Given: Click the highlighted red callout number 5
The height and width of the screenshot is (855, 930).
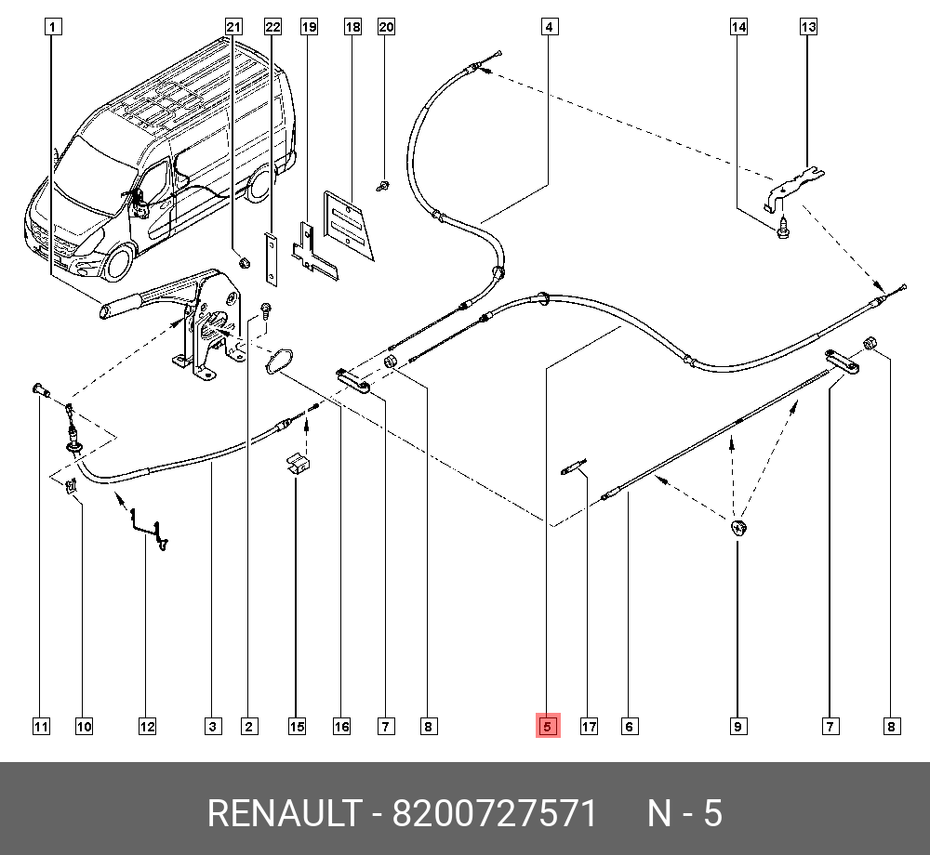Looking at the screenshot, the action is pyautogui.click(x=547, y=727).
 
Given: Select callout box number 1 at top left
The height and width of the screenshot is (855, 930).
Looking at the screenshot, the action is pyautogui.click(x=53, y=27).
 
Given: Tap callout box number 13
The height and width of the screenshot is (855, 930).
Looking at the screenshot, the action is pyautogui.click(x=808, y=27).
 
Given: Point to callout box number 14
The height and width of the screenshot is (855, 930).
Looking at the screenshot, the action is pyautogui.click(x=738, y=27).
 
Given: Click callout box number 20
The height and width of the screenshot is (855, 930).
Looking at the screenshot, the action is pyautogui.click(x=386, y=27).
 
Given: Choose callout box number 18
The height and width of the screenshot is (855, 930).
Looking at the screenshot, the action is pyautogui.click(x=352, y=27).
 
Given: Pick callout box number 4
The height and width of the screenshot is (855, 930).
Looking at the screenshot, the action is pyautogui.click(x=550, y=27).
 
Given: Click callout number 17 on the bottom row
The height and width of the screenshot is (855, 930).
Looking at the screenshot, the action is pyautogui.click(x=589, y=727).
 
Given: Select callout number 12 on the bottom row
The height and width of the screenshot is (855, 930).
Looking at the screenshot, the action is pyautogui.click(x=147, y=727).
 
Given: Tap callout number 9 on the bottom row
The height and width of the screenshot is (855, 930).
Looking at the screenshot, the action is pyautogui.click(x=737, y=727).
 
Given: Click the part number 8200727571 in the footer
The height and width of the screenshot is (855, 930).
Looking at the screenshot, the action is pyautogui.click(x=494, y=814).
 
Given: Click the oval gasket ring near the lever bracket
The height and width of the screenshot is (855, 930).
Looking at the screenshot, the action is pyautogui.click(x=278, y=362).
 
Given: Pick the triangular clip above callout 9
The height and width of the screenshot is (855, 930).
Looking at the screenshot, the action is pyautogui.click(x=737, y=529).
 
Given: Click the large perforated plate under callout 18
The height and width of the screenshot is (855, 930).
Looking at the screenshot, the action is pyautogui.click(x=347, y=226).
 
